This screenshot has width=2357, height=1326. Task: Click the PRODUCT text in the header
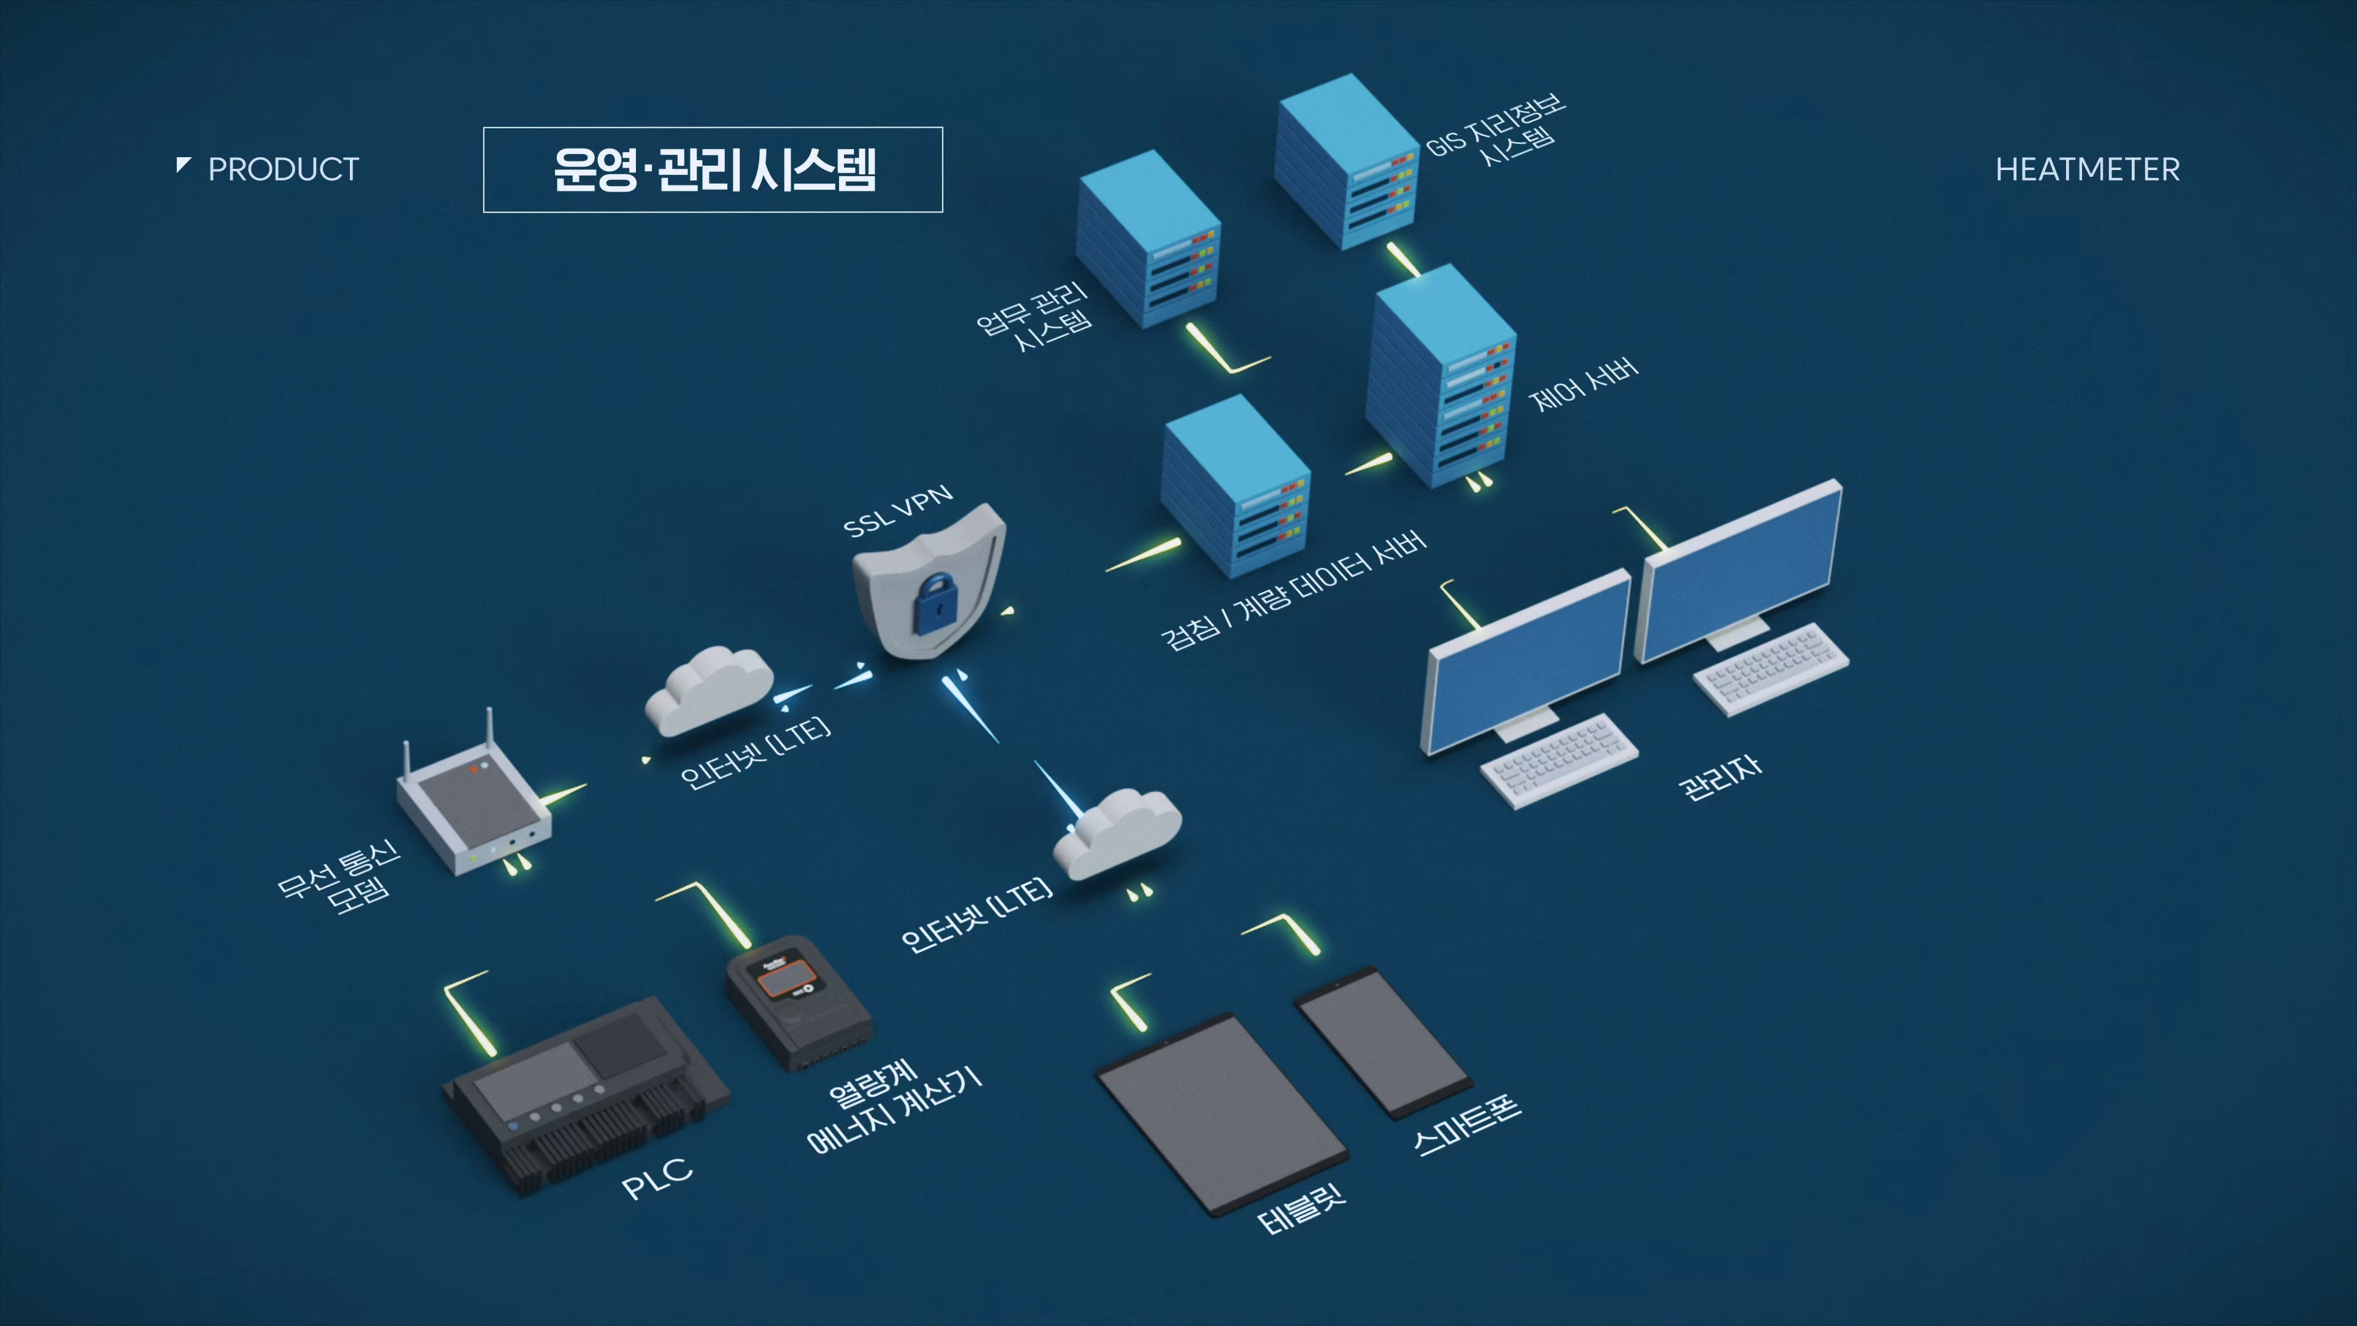[x=283, y=169]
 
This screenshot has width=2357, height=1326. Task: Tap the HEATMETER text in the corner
[x=2087, y=169]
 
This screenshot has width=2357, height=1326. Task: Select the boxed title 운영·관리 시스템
[x=713, y=169]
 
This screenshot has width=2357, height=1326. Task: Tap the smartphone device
[x=1382, y=1042]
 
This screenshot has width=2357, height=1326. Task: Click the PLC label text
[x=657, y=1179]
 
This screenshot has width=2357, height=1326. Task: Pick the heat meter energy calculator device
[x=796, y=1001]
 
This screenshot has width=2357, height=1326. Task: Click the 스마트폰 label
[x=1467, y=1125]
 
